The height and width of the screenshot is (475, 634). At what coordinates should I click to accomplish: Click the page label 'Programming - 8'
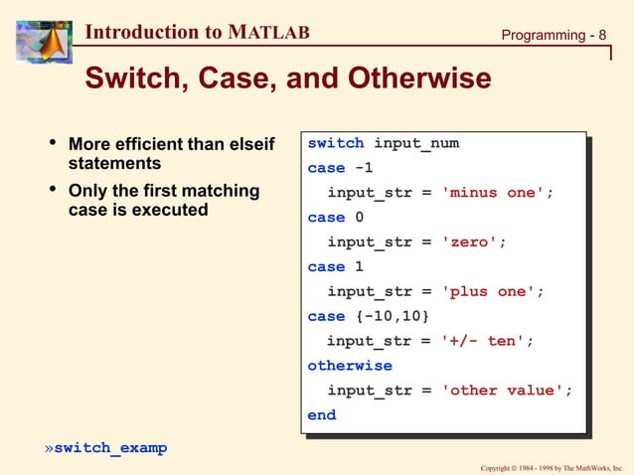[553, 35]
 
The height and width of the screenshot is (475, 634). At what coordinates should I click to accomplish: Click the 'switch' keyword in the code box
[336, 143]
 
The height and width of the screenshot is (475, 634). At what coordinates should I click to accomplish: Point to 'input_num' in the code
[416, 143]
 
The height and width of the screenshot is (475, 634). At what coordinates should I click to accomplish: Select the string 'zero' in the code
[471, 241]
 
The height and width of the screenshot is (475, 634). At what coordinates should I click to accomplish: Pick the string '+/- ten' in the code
[482, 341]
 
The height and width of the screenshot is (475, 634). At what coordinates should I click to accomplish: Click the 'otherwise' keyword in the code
[350, 366]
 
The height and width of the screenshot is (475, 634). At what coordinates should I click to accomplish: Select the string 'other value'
[503, 391]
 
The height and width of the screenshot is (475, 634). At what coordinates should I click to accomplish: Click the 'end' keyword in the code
[322, 415]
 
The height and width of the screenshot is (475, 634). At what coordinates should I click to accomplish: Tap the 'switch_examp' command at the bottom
[110, 448]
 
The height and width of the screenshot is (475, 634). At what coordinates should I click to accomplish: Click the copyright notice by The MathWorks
[551, 467]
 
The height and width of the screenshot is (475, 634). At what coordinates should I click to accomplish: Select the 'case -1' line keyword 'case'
[326, 168]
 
